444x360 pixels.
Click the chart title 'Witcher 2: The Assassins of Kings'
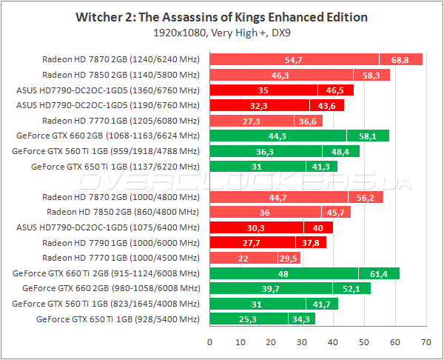click(x=222, y=16)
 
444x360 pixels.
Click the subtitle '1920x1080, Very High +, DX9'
click(x=222, y=33)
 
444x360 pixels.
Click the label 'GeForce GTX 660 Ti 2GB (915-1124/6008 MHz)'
click(x=107, y=273)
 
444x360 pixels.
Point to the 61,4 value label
click(x=379, y=273)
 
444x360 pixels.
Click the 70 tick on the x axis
click(x=425, y=341)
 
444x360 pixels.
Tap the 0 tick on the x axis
click(x=210, y=341)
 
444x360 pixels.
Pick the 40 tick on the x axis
click(x=333, y=341)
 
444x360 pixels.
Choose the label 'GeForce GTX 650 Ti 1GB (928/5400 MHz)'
click(x=118, y=319)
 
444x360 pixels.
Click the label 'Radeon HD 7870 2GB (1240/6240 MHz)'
click(x=121, y=59)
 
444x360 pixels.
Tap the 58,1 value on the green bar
click(x=368, y=136)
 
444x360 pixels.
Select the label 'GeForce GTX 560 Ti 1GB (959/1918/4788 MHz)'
click(x=107, y=151)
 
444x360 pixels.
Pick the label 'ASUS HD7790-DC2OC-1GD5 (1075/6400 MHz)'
click(x=108, y=227)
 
